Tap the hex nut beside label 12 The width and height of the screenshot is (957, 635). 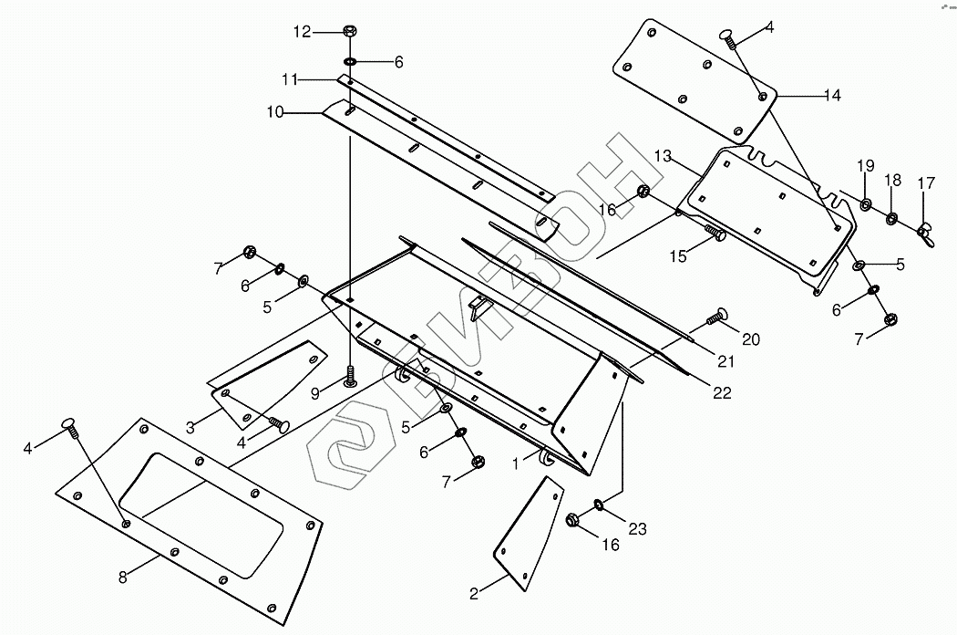pos(350,32)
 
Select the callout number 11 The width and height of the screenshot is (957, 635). pos(291,80)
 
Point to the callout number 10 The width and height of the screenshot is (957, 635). pos(276,112)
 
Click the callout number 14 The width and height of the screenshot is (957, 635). pos(831,94)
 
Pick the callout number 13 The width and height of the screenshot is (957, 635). pos(662,157)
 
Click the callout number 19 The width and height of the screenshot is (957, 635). pos(865,165)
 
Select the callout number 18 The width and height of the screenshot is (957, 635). pos(893,180)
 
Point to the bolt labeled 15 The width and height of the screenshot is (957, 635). pos(716,235)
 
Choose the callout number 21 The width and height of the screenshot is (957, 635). pos(725,362)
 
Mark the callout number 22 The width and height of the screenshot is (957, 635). pos(722,393)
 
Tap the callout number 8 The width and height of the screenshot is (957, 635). pos(123,577)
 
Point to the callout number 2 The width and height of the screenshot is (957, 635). pos(474,595)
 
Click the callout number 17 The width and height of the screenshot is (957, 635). pos(926,183)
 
